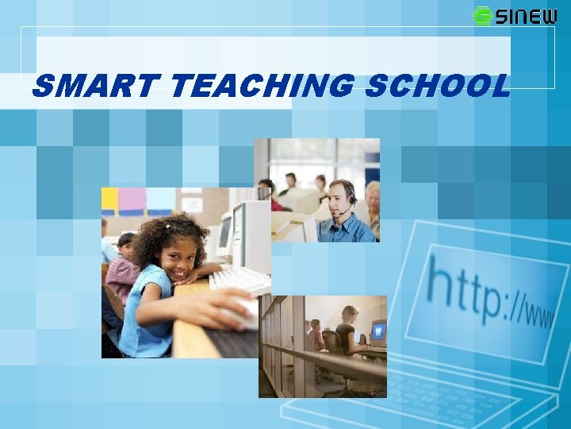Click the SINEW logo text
click(x=527, y=16)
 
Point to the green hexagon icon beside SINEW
click(x=481, y=16)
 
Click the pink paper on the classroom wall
click(x=132, y=199)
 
